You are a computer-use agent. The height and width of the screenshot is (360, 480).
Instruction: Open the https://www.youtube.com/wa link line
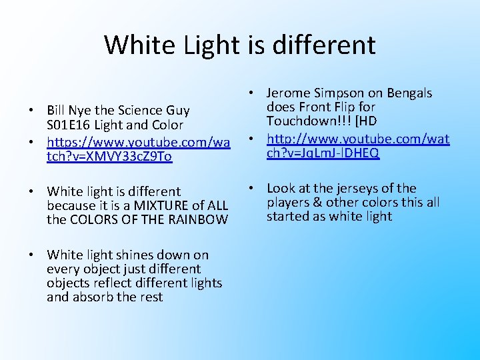coord(139,142)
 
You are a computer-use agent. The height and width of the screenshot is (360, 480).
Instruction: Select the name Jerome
coord(288,93)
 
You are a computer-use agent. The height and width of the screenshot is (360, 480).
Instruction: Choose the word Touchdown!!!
coord(304,121)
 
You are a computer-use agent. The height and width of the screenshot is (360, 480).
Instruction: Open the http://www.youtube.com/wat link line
coord(358,139)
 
